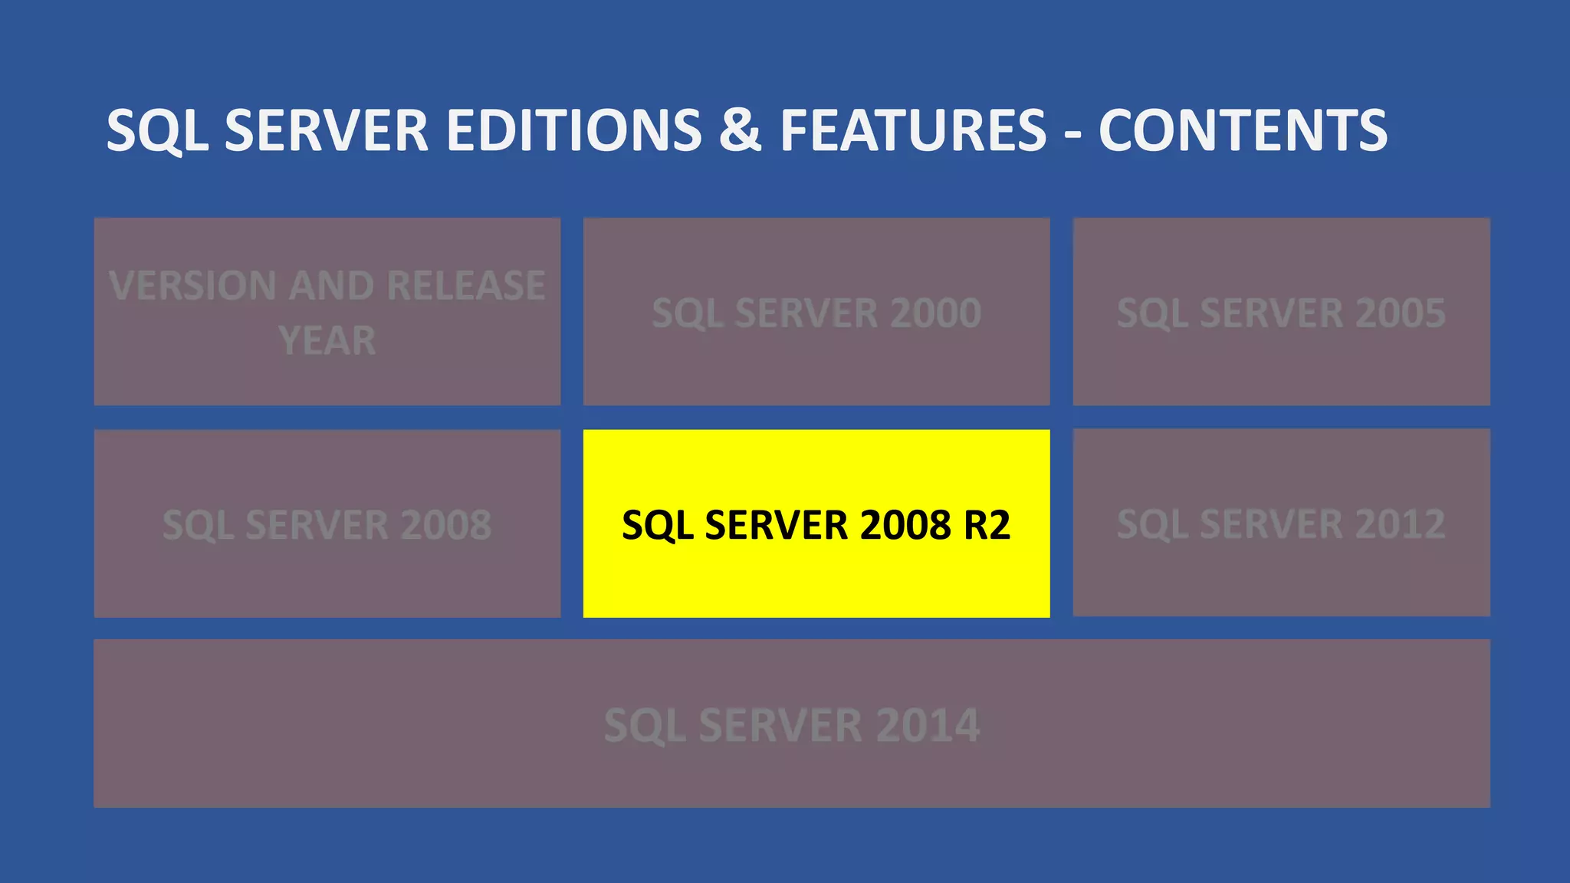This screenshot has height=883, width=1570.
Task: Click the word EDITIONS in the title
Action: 573,130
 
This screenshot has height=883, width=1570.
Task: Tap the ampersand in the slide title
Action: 740,130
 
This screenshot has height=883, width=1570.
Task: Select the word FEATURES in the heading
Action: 913,130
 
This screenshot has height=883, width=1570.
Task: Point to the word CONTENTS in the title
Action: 1243,130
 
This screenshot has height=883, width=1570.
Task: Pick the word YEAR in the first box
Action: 327,341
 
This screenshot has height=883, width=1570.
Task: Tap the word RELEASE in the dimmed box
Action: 466,286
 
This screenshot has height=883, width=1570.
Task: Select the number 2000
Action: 936,313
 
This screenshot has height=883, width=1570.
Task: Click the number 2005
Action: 1401,313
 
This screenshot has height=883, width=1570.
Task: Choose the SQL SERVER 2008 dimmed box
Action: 327,524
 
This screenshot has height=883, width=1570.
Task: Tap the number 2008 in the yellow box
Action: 906,525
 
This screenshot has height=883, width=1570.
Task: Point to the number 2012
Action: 1401,525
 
